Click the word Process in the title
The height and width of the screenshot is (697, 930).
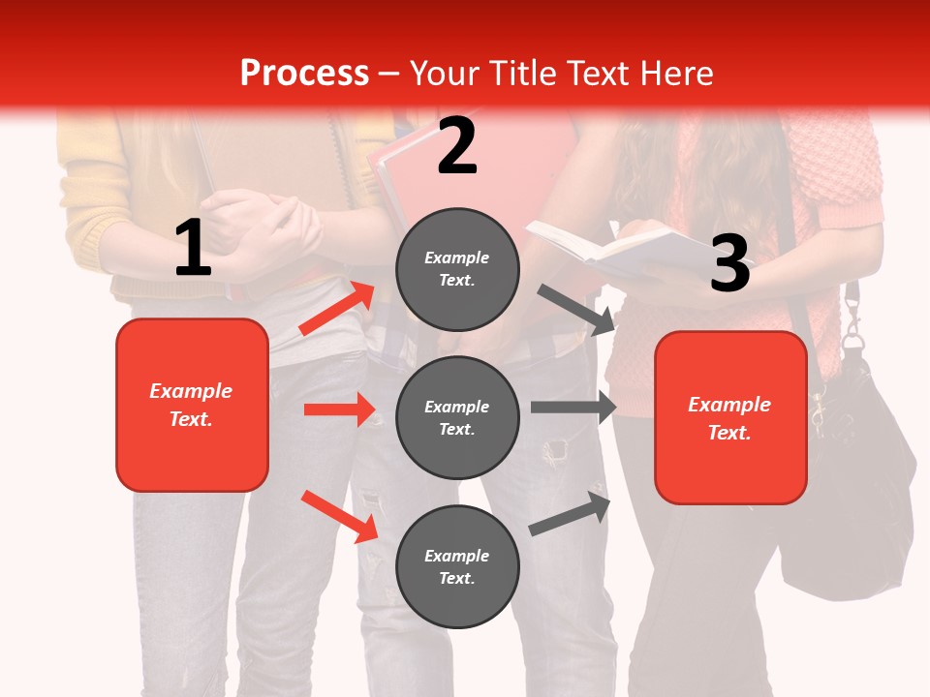tap(304, 74)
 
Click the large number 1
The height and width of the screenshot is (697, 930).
tap(193, 249)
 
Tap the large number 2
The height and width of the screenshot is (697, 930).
tap(457, 146)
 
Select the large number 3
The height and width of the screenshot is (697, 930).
tap(729, 263)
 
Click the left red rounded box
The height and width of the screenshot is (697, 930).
tap(192, 405)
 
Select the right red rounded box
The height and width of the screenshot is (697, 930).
tap(730, 418)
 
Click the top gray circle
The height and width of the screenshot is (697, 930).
tap(457, 269)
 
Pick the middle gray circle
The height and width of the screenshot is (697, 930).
tap(457, 417)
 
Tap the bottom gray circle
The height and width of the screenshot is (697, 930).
tap(457, 566)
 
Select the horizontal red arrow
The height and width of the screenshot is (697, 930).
tap(339, 409)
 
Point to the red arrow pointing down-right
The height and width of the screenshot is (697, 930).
tap(339, 516)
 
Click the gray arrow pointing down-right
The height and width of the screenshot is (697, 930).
tap(575, 309)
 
